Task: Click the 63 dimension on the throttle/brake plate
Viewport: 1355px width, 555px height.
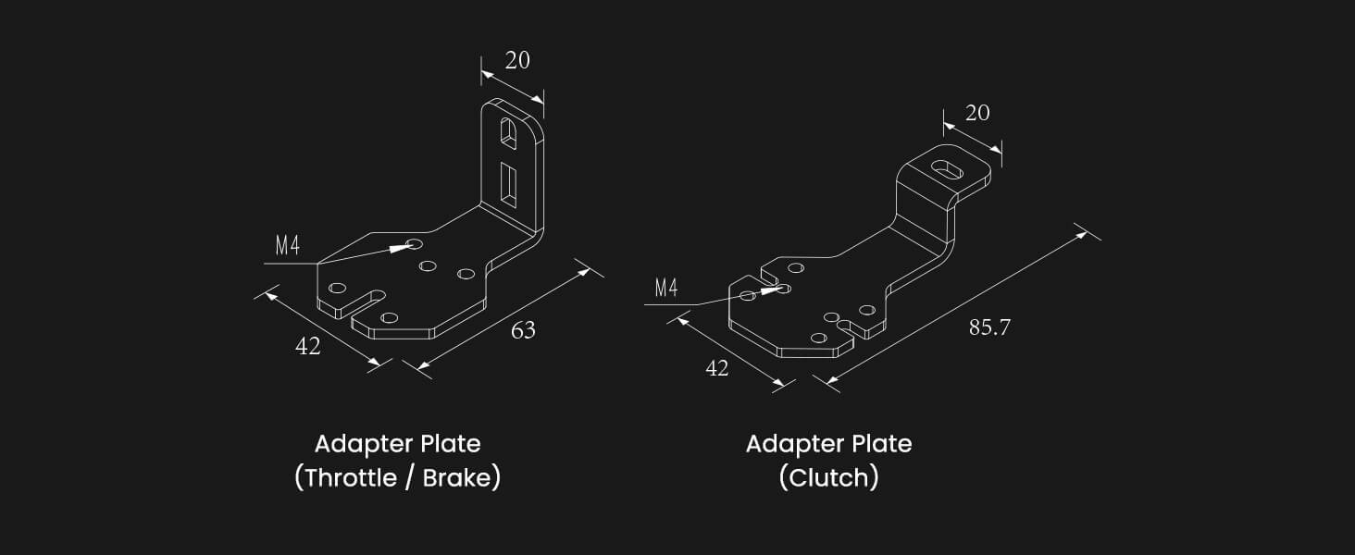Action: coord(523,330)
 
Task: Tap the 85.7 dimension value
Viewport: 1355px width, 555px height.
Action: coord(989,327)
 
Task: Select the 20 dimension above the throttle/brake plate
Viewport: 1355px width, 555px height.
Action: coord(517,60)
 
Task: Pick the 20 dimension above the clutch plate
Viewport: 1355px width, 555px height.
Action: coord(977,113)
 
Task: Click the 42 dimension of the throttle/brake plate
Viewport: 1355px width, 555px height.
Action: coord(308,346)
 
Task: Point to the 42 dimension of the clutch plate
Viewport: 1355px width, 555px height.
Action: coord(717,367)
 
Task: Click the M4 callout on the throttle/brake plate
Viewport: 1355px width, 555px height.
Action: coord(288,246)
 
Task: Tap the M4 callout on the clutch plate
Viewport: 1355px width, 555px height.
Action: coord(666,288)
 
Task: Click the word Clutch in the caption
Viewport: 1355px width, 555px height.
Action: coord(828,478)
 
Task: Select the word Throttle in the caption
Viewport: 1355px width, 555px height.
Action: coord(344,478)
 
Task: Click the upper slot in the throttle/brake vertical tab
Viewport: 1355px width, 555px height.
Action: coord(508,130)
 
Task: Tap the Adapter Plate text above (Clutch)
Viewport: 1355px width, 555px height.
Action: coord(828,444)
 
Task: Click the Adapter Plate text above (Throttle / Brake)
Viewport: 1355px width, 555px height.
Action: coord(397,444)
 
